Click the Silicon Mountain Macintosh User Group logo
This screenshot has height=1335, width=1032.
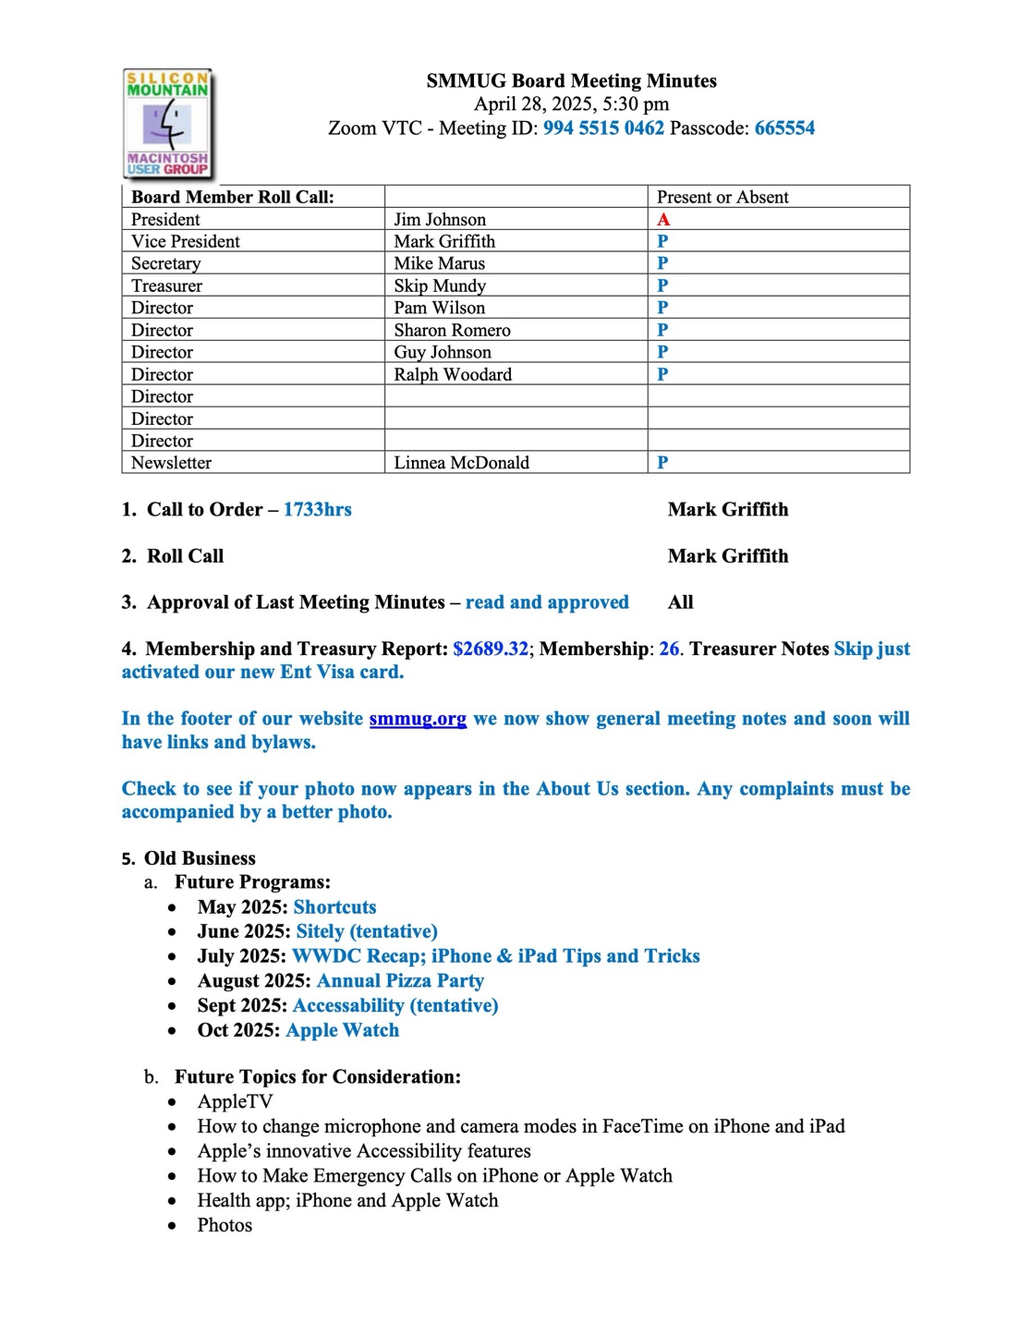point(167,124)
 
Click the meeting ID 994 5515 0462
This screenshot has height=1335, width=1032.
point(603,128)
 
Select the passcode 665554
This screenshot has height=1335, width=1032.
point(784,128)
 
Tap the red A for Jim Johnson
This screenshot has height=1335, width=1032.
point(663,220)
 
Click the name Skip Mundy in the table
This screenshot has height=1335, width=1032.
point(440,286)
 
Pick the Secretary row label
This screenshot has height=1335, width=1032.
point(166,264)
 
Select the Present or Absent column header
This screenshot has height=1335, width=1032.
point(722,197)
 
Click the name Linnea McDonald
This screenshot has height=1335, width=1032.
point(461,463)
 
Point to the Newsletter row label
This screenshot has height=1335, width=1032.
point(171,463)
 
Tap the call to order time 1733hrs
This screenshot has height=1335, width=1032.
point(317,510)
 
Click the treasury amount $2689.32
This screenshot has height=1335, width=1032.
point(491,649)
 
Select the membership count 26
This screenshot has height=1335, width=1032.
point(669,649)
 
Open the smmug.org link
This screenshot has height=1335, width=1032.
point(418,719)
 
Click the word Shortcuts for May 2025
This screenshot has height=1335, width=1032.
point(334,907)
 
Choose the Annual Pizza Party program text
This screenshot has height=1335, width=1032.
point(400,981)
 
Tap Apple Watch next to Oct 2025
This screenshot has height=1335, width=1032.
point(343,1030)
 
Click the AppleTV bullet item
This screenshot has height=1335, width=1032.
point(235,1101)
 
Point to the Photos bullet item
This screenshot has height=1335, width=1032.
point(225,1225)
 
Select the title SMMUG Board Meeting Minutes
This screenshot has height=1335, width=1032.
point(571,81)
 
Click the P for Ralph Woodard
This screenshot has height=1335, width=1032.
point(662,375)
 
